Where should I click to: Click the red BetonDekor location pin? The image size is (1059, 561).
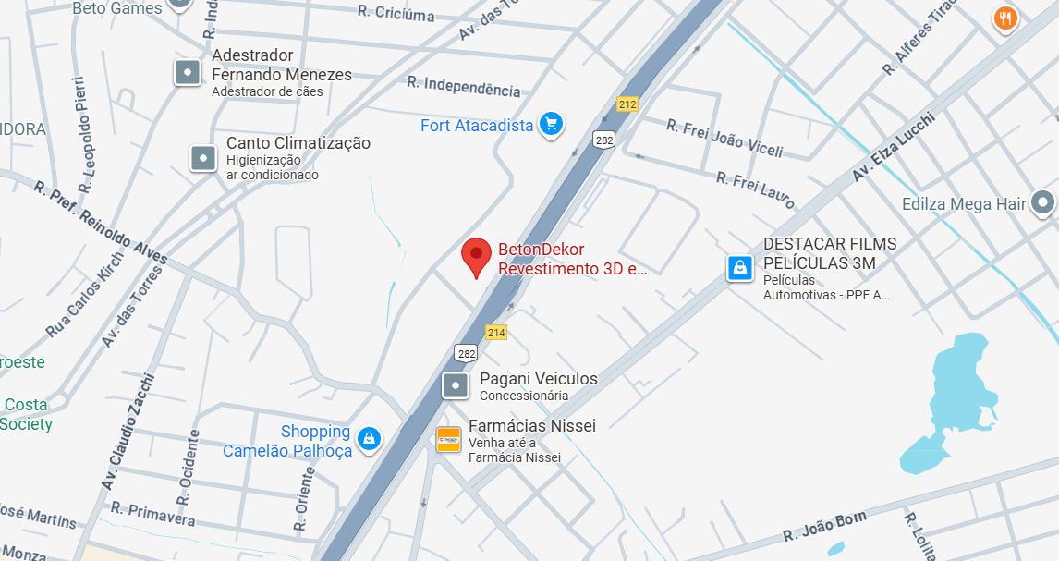[476, 256]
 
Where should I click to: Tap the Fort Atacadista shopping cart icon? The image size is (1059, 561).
[552, 124]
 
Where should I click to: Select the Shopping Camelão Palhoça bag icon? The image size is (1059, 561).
[369, 439]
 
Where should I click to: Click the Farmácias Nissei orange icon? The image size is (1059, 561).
[448, 440]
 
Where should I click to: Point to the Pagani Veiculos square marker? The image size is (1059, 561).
[455, 385]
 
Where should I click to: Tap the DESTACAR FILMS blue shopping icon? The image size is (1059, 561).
[738, 268]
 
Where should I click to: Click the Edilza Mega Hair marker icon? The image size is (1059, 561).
[1043, 202]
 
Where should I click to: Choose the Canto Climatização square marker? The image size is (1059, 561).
[203, 158]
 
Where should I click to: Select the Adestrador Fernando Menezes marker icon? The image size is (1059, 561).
[188, 72]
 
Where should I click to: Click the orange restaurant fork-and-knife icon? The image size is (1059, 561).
[1005, 18]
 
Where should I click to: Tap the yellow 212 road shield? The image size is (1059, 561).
[627, 104]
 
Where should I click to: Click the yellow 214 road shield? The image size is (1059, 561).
[496, 333]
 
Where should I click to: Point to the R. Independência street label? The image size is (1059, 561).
[464, 86]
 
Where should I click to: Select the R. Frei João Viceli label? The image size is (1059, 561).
[724, 139]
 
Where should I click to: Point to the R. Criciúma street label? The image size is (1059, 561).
[396, 13]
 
